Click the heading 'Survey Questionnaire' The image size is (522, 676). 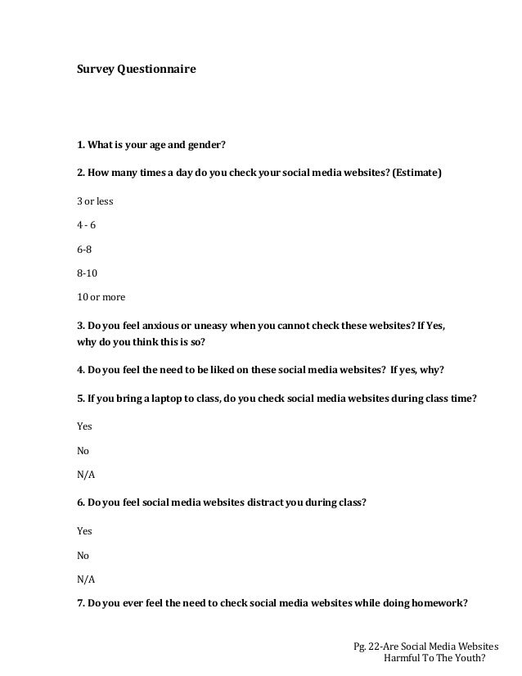click(136, 71)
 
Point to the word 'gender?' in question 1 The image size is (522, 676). click(204, 146)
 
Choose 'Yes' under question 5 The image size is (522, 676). click(84, 426)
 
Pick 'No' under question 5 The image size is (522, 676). click(83, 450)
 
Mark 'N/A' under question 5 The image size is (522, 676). click(86, 474)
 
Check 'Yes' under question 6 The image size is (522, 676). click(84, 531)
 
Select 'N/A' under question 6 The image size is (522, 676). click(86, 579)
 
